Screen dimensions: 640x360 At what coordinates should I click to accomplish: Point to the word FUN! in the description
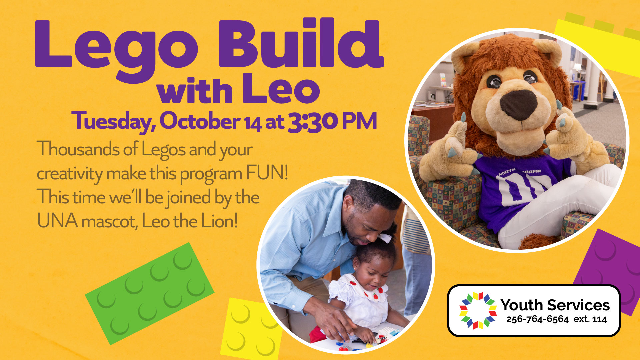coord(267,173)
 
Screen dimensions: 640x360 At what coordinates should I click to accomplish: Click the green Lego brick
coord(150,293)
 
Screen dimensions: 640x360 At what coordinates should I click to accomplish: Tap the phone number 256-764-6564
coord(537,319)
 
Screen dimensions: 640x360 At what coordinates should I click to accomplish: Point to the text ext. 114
coord(590,319)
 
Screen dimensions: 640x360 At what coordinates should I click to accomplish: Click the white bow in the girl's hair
coord(385,238)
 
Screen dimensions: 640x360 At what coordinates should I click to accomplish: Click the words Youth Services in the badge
coord(555,305)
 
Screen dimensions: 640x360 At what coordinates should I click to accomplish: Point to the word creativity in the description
coord(70,174)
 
